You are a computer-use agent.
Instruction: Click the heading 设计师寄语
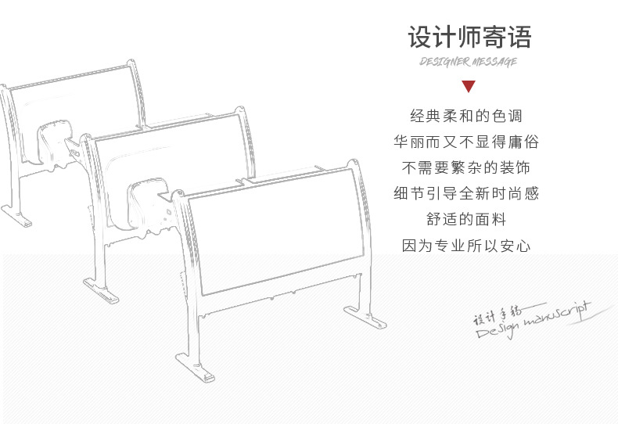coord(468,37)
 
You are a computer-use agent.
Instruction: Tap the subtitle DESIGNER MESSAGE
coord(468,63)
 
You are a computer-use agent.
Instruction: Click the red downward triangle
coord(468,86)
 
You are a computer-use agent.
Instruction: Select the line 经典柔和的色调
coord(466,116)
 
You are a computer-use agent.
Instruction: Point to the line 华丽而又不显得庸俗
coord(466,142)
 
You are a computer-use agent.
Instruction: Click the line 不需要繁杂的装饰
coord(466,168)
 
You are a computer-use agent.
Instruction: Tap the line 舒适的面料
coord(466,220)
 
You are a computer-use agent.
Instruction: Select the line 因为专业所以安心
coord(466,246)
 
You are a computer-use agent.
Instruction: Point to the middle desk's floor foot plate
coord(100,290)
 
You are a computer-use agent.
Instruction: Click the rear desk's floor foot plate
coord(16,214)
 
